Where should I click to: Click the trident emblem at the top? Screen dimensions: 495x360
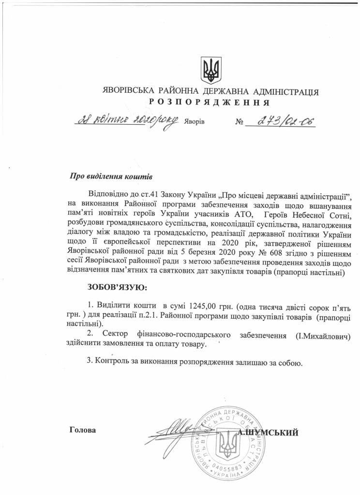pyautogui.click(x=211, y=70)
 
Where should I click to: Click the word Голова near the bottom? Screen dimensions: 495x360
pyautogui.click(x=83, y=429)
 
